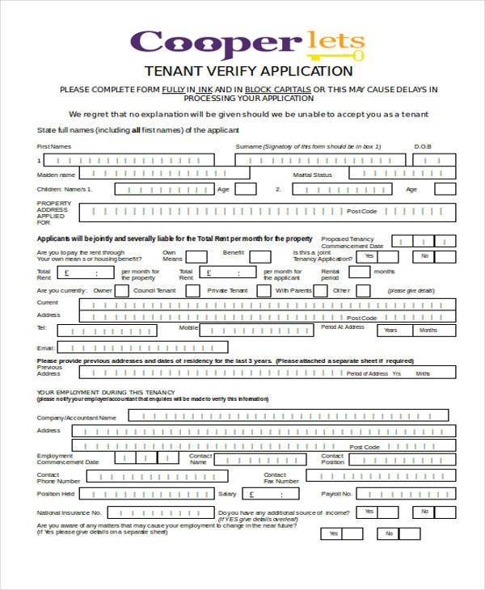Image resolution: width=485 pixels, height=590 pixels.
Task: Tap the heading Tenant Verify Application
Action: point(247,72)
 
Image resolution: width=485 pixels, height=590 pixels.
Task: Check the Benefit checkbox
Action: point(260,256)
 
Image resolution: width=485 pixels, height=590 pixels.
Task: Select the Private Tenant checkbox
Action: point(264,290)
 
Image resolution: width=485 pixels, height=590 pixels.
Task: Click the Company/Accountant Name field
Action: point(288,415)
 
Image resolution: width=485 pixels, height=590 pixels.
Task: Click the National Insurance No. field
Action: point(160,512)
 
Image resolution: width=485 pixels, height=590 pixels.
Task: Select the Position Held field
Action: point(146,494)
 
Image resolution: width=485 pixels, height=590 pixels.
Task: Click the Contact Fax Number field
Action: point(381,477)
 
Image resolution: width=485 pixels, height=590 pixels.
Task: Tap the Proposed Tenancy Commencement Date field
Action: point(424,241)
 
